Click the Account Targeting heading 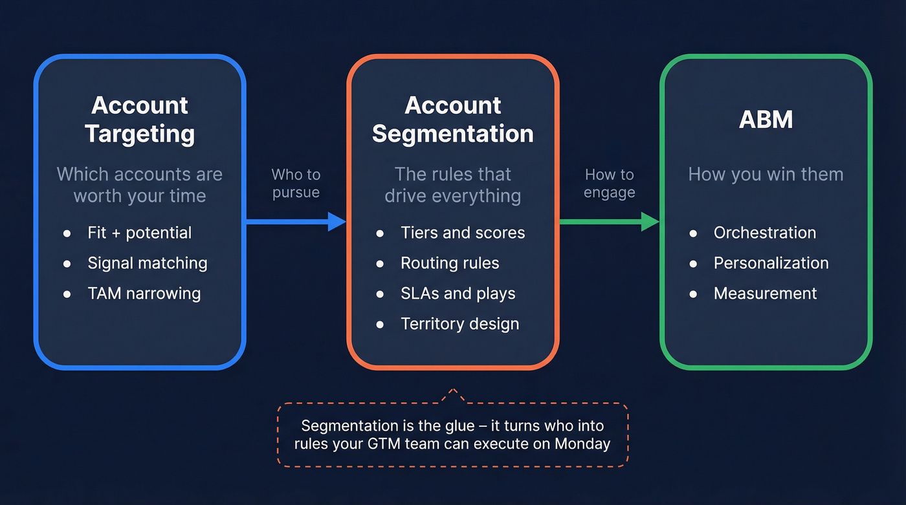[x=139, y=120]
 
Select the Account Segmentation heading [x=452, y=120]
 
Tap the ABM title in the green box [x=766, y=120]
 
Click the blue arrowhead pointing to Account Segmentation [x=337, y=222]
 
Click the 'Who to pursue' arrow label [x=296, y=184]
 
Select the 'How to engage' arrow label [x=609, y=184]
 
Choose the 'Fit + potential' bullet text [x=139, y=233]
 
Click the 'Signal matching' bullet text [x=148, y=263]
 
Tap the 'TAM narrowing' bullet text [x=144, y=294]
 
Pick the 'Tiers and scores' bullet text [x=463, y=233]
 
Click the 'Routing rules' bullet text [x=450, y=263]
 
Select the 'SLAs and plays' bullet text [x=458, y=294]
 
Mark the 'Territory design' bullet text [x=459, y=324]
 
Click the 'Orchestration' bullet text [x=764, y=233]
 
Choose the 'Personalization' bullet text [x=771, y=263]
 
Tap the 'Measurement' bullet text [x=765, y=294]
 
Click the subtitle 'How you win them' [x=766, y=175]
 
